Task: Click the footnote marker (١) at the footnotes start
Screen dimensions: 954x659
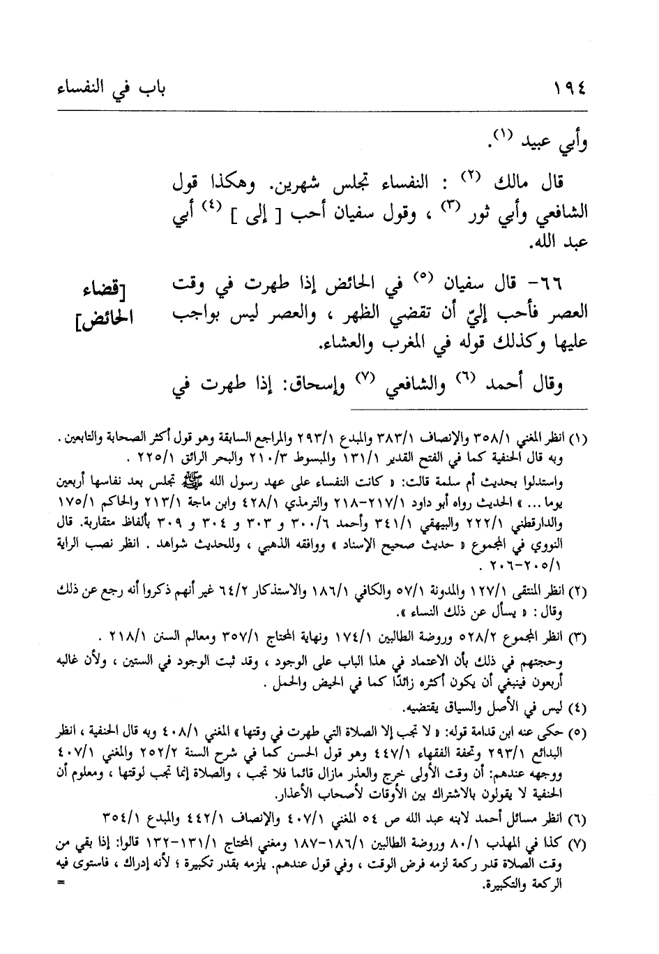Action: point(580,439)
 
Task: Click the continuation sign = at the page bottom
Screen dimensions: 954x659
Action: point(61,881)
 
